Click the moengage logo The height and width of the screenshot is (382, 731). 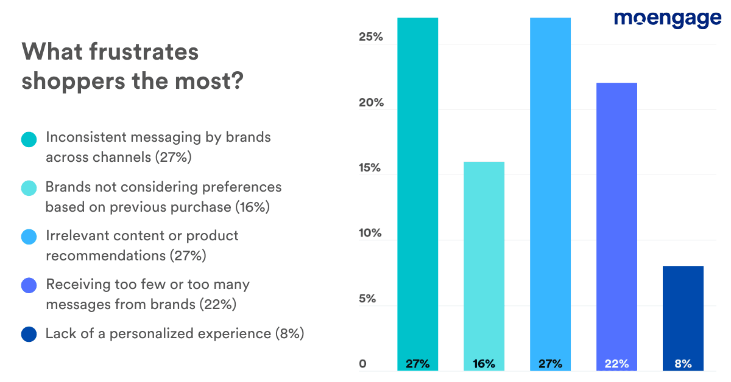(668, 19)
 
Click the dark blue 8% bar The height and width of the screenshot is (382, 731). (683, 316)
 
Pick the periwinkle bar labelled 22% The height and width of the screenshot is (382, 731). (616, 225)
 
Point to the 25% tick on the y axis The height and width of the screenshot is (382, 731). (370, 37)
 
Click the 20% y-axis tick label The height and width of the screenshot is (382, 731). (370, 103)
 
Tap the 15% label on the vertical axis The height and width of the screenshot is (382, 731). (370, 168)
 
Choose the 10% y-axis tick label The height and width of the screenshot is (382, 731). (370, 234)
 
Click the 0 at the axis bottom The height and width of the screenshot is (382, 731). (362, 364)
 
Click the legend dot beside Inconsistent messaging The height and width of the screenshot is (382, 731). (29, 139)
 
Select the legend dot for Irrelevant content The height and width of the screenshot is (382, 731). (29, 237)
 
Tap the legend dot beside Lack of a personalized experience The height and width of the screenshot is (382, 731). (29, 335)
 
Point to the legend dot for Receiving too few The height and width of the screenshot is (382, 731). (29, 286)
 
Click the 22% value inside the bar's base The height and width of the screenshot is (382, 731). (616, 364)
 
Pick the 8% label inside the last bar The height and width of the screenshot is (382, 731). (683, 364)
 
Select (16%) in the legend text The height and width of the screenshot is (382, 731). (252, 207)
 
